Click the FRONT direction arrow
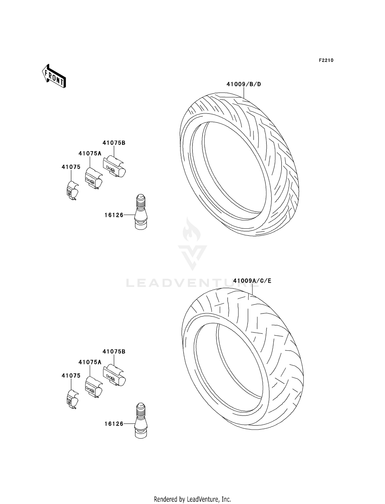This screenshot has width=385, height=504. [x=54, y=76]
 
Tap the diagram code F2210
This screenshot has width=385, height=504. [x=326, y=60]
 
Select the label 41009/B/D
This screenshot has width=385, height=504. [x=243, y=84]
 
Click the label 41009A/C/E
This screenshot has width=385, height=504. [x=252, y=281]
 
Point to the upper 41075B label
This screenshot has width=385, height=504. [x=114, y=143]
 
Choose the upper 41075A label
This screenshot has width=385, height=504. [x=90, y=154]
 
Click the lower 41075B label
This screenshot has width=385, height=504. [x=114, y=352]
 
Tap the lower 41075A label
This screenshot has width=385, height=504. [x=90, y=362]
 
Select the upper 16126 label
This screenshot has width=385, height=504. [x=114, y=215]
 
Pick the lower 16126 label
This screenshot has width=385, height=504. [x=114, y=424]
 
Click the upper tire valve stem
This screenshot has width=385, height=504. [x=141, y=212]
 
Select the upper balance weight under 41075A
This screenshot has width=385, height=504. [x=93, y=178]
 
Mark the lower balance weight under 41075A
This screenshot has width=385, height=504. [x=93, y=387]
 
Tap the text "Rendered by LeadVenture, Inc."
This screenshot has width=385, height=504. [x=192, y=499]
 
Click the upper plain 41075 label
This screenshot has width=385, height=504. [x=71, y=167]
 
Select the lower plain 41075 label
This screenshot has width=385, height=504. [x=71, y=376]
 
